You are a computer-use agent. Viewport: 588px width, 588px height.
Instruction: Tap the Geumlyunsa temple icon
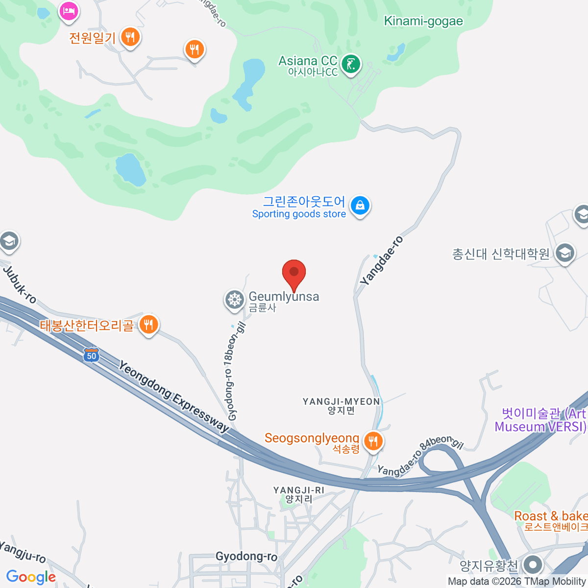[235, 299]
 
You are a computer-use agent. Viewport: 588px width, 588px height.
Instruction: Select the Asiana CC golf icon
[351, 64]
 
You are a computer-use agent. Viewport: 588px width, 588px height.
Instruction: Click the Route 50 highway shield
[92, 355]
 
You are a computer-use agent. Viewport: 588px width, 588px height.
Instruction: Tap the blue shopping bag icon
[360, 206]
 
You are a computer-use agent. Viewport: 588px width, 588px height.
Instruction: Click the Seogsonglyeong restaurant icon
[373, 441]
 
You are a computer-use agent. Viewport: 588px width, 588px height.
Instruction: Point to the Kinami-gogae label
[423, 21]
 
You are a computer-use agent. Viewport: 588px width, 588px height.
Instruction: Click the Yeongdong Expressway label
[174, 397]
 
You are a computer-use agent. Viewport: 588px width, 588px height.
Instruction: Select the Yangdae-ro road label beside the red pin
[382, 261]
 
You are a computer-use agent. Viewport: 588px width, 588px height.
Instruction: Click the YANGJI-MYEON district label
[342, 406]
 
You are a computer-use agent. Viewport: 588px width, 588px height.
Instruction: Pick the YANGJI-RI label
[299, 494]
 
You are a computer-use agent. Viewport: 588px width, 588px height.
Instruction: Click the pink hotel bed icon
[69, 10]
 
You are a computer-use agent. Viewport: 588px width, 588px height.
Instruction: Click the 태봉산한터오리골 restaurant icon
[148, 324]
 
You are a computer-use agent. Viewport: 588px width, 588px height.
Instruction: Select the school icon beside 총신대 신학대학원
[565, 253]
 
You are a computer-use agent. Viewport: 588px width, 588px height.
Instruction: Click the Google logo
[31, 577]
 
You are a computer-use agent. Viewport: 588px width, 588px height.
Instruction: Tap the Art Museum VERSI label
[541, 420]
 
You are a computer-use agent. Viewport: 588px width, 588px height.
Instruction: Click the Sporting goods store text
[299, 214]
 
